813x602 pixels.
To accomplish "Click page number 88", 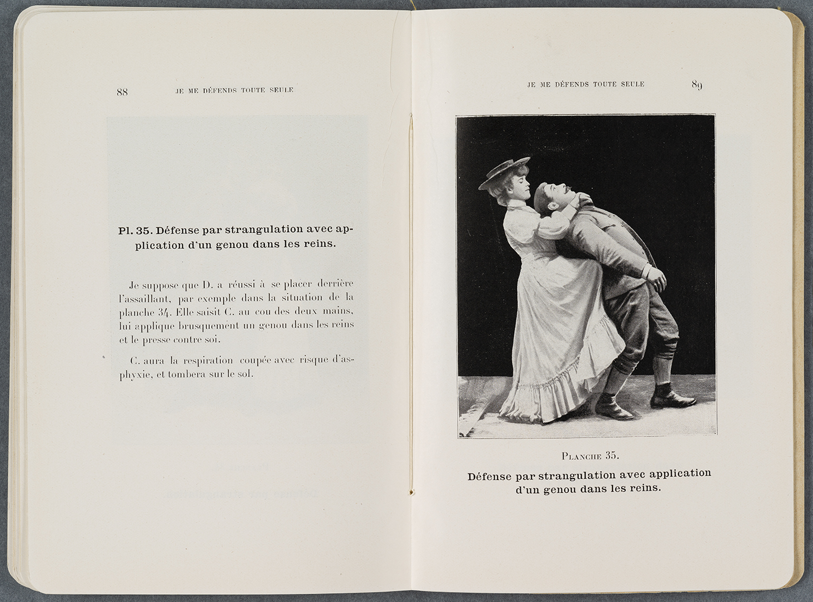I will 122,93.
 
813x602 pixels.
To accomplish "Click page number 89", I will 697,85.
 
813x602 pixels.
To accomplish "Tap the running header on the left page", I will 234,90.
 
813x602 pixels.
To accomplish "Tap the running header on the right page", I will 585,84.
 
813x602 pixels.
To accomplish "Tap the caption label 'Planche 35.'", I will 590,456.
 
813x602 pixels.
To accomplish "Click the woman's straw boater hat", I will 505,172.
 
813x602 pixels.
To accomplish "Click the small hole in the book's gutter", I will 411,491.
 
